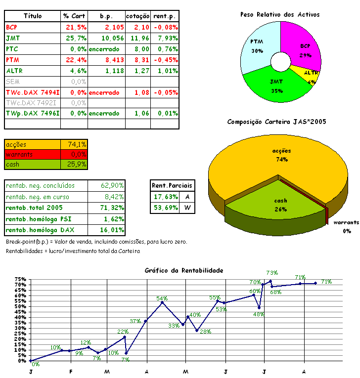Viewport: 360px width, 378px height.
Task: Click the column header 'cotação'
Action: pos(137,16)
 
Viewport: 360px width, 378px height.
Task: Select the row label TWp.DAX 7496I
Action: pos(33,114)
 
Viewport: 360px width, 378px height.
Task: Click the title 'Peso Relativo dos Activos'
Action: pos(280,14)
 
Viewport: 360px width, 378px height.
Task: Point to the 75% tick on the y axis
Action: pos(20,280)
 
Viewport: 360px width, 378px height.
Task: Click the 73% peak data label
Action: pos(272,272)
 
